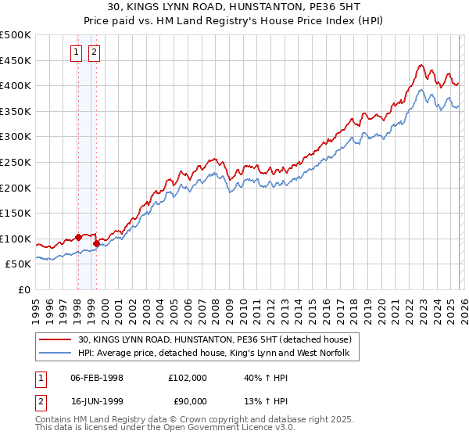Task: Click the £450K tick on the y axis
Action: (16, 60)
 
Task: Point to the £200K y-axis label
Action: (16, 188)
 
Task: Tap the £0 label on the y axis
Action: (23, 289)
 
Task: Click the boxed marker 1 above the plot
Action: (77, 52)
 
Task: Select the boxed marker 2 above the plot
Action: (94, 52)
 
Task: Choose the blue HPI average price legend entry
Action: (218, 354)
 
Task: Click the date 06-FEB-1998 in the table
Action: (98, 378)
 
